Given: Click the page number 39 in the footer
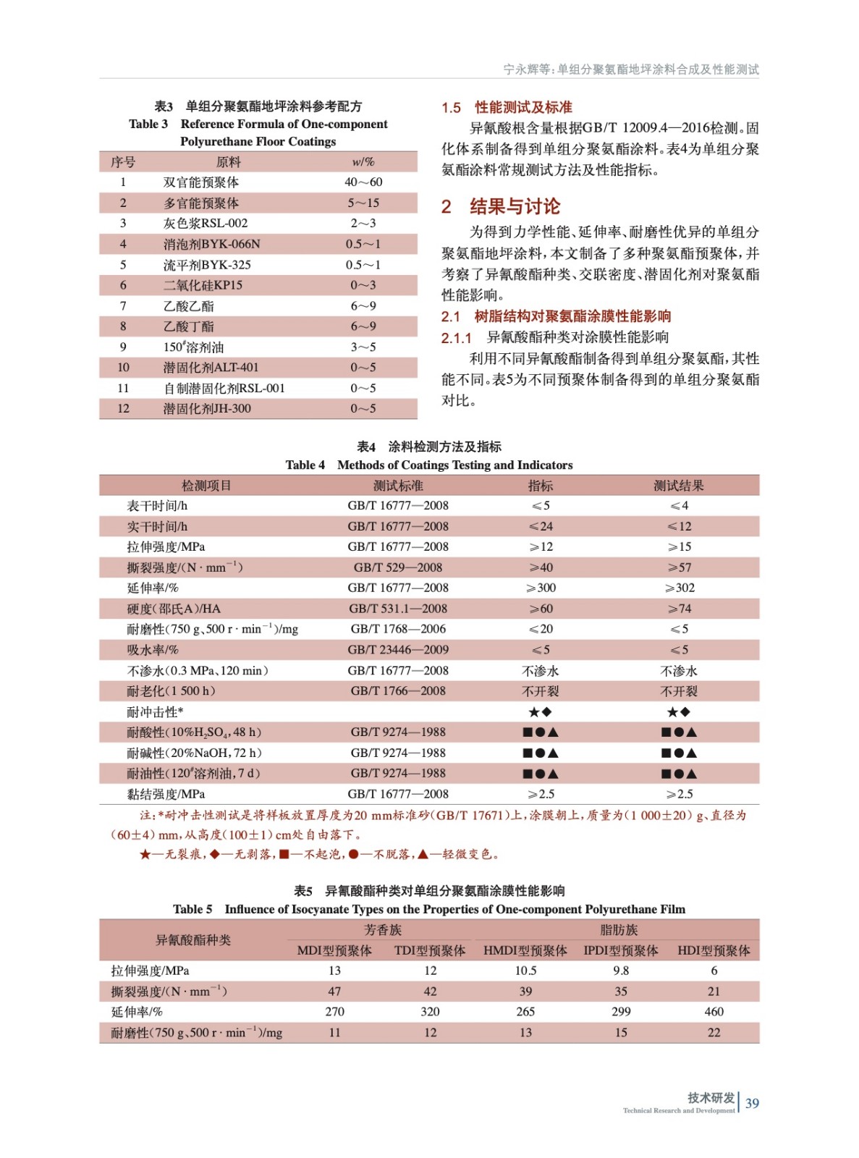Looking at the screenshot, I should (x=752, y=1103).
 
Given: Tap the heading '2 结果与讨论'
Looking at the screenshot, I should (x=501, y=207).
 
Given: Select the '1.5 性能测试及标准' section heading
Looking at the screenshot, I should (x=507, y=108).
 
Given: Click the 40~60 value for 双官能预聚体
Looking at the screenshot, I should (x=363, y=182).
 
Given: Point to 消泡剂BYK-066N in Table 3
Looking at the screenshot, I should (x=211, y=244).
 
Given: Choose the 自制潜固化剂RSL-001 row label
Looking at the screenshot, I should (x=224, y=389).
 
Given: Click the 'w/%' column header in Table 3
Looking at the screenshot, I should (x=363, y=162).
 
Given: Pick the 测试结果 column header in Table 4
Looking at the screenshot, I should (x=678, y=486).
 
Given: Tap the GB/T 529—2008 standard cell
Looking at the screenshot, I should (x=398, y=567).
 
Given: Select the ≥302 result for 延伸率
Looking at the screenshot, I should (x=679, y=588).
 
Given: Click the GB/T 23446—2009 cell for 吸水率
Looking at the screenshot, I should (x=398, y=650).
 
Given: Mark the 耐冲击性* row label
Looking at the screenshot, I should (x=155, y=712).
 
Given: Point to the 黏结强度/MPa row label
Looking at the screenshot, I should (x=166, y=794).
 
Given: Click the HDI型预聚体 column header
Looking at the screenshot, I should (x=714, y=950).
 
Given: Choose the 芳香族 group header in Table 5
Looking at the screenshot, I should (x=382, y=930).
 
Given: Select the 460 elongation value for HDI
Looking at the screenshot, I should (x=714, y=1012).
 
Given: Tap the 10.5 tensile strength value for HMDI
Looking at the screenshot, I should (x=525, y=971).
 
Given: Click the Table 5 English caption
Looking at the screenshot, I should (x=428, y=909).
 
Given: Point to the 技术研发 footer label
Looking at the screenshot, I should (x=711, y=1097).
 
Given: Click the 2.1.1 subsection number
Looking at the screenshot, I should (x=456, y=338).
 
